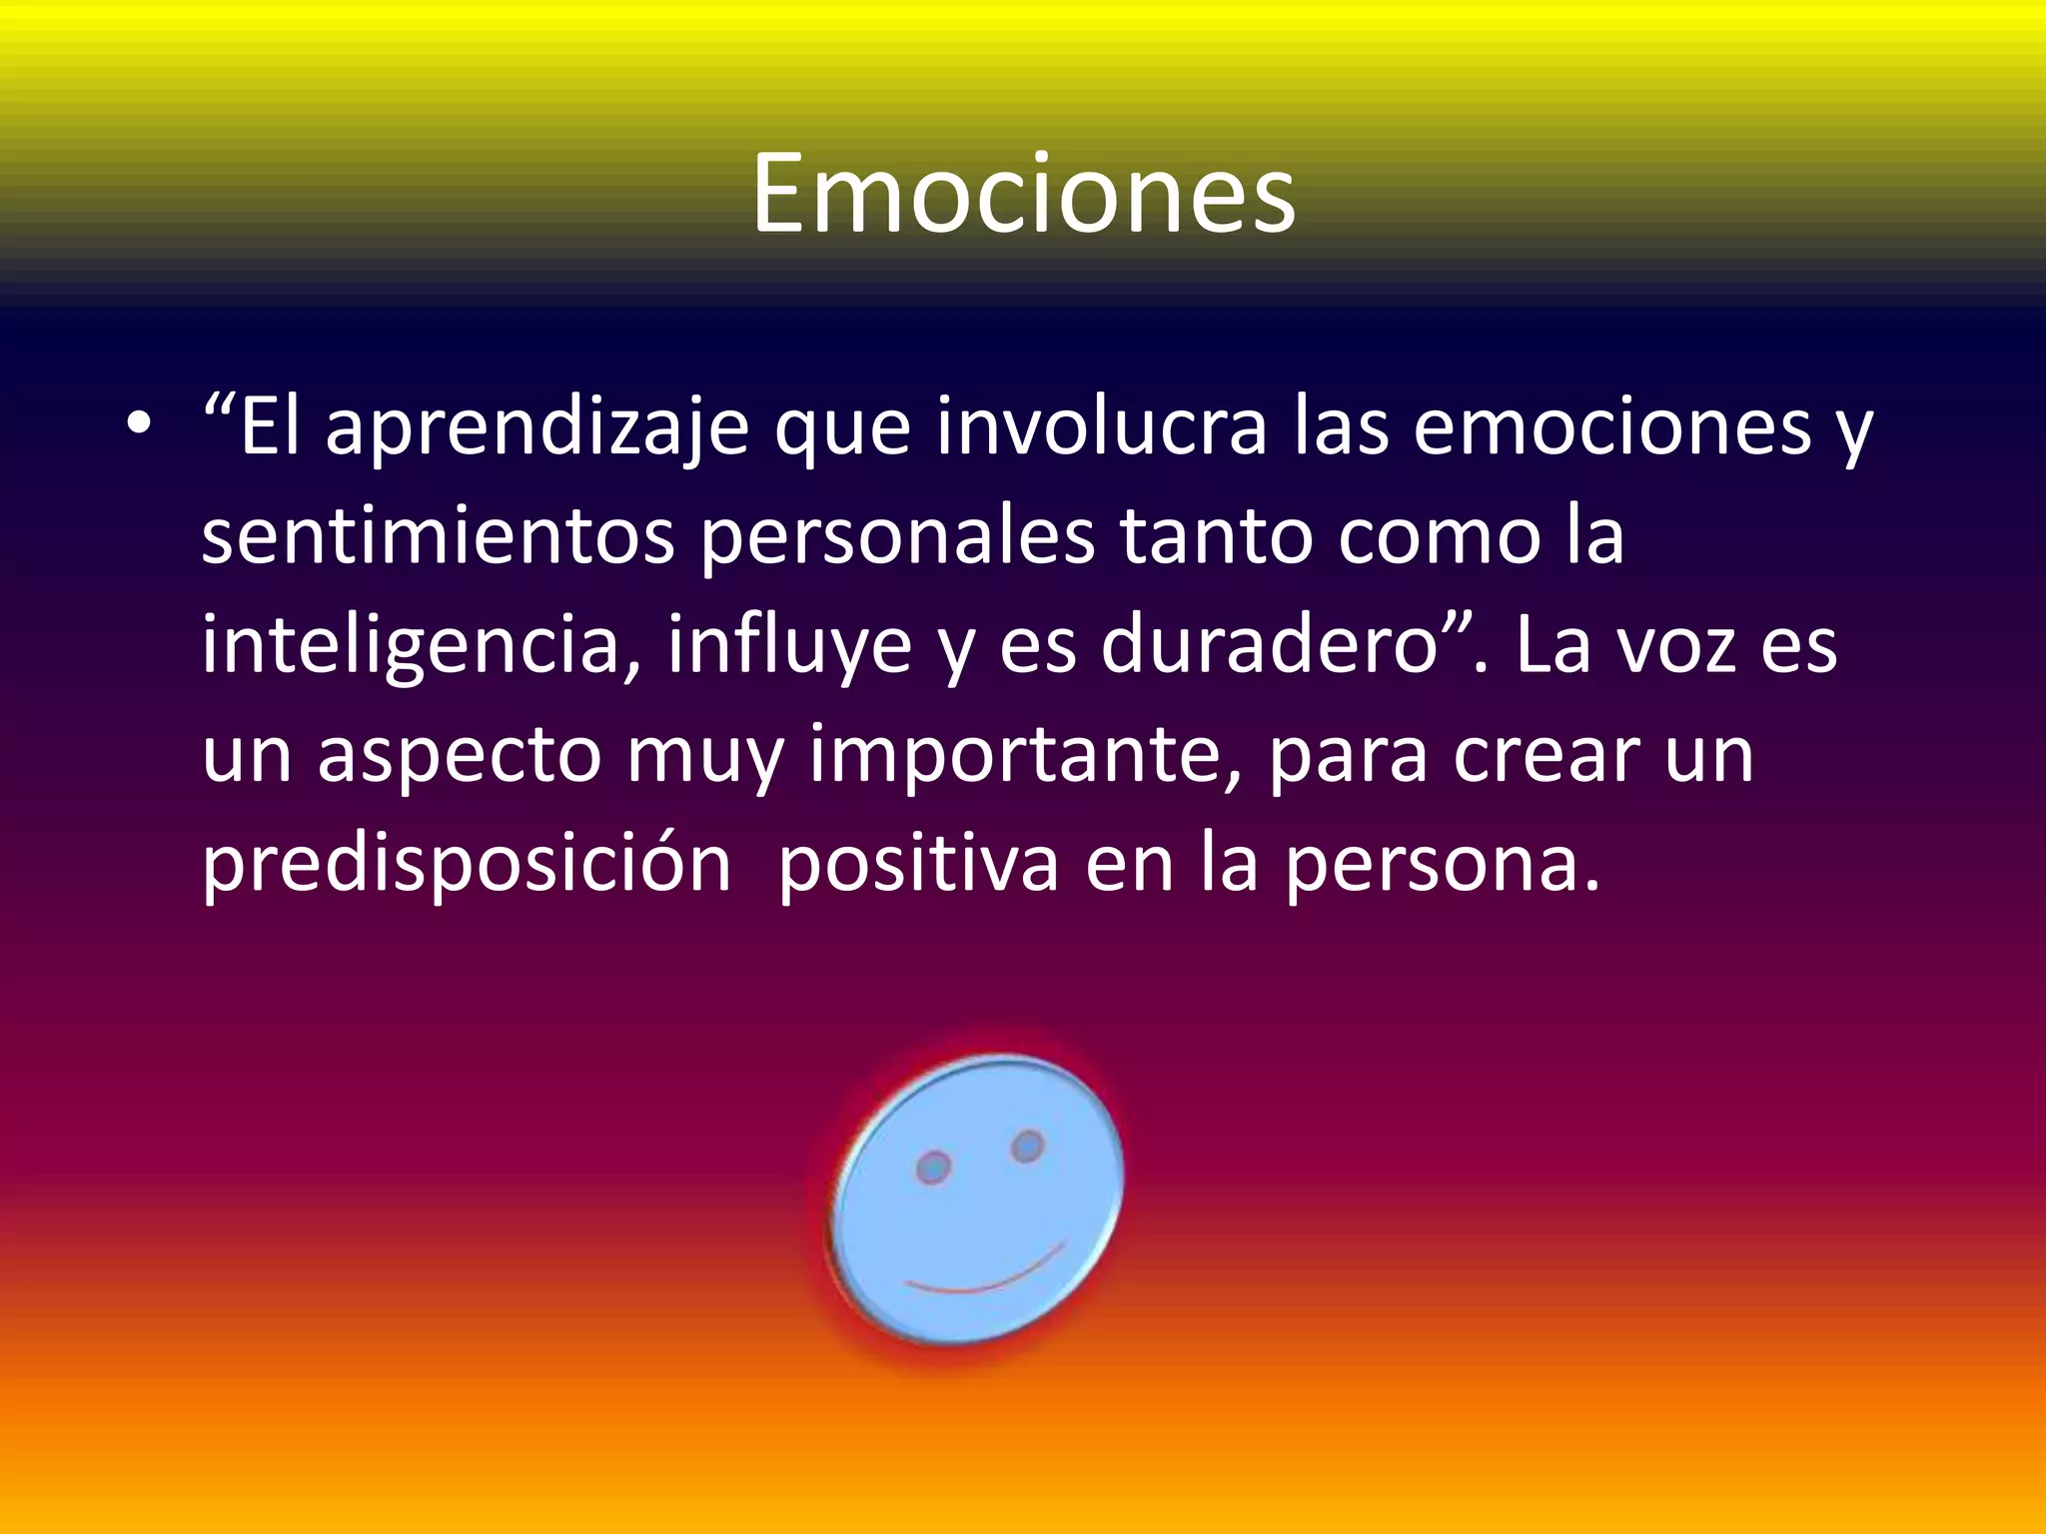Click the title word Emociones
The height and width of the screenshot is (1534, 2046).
pos(1023,194)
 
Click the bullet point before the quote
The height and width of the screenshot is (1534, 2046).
pos(139,425)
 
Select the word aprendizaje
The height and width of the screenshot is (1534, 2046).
pos(537,427)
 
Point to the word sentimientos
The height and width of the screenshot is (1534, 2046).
pos(438,537)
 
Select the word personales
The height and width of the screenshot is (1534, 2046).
pos(897,537)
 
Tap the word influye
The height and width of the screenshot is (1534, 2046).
pos(789,646)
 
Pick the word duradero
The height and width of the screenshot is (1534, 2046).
pos(1269,646)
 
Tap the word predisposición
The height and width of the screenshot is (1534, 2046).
pos(467,865)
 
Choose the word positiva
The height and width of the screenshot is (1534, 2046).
pos(918,865)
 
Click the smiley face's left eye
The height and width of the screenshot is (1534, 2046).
pos(934,1166)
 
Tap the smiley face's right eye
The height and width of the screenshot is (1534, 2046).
pos(1027,1146)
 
